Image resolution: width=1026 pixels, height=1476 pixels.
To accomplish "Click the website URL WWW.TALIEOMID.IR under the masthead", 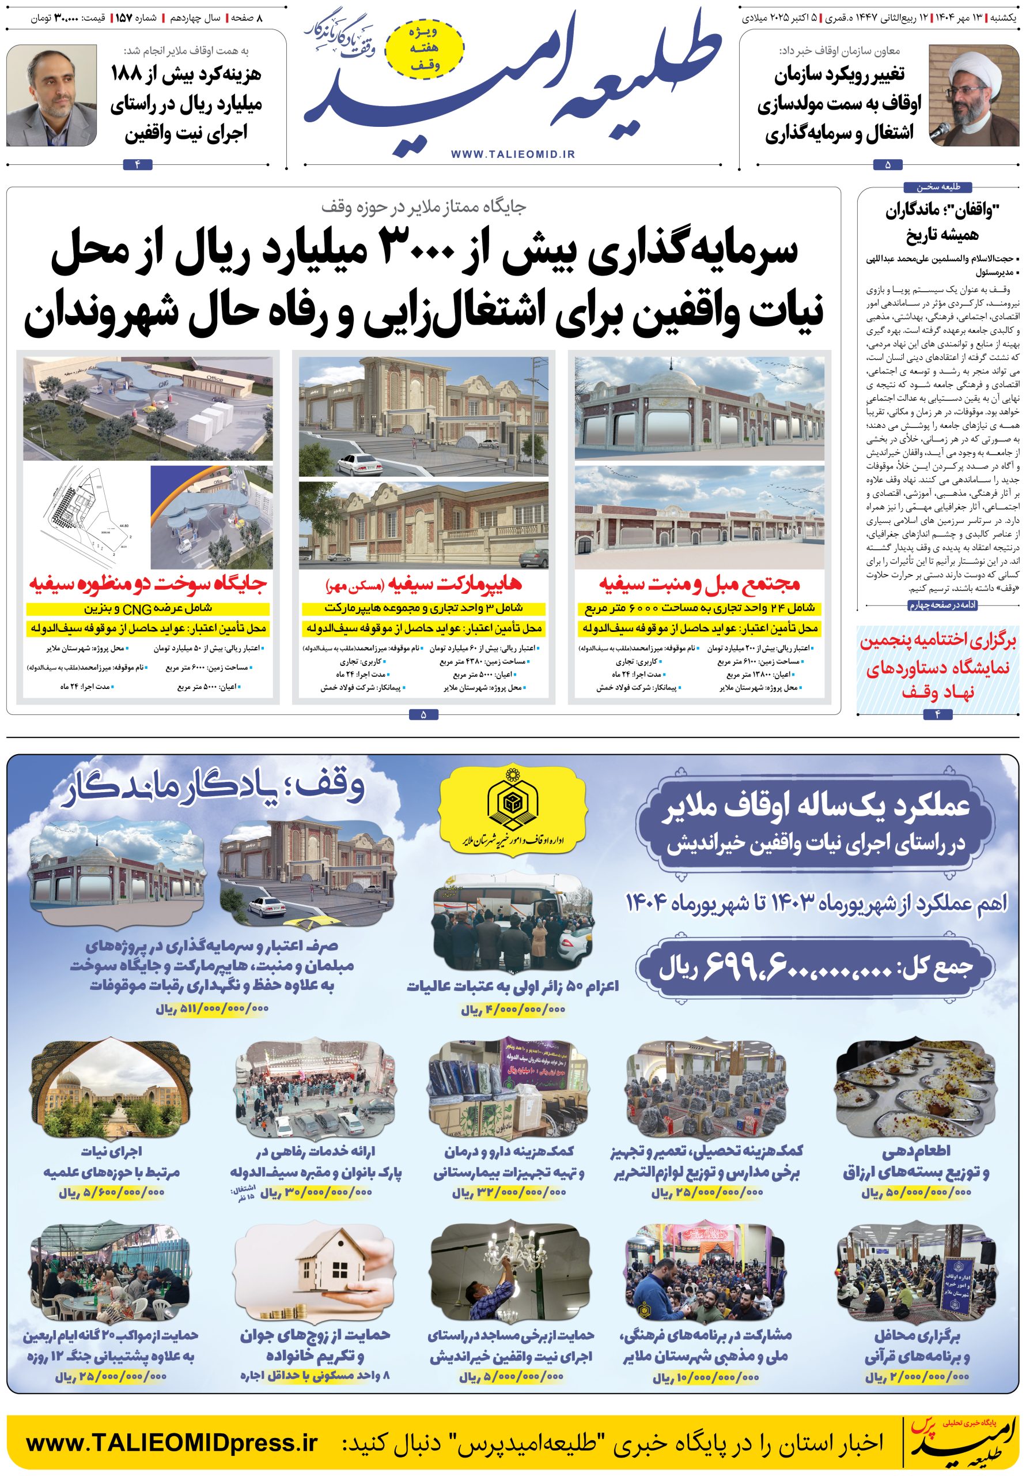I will [513, 155].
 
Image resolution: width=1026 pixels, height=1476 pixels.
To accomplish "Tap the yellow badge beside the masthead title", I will [425, 48].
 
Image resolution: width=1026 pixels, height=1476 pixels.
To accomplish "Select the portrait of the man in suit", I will [52, 96].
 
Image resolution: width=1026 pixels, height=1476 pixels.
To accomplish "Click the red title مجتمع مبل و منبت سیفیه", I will [699, 583].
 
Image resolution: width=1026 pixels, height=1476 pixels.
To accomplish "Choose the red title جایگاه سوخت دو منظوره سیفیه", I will [147, 583].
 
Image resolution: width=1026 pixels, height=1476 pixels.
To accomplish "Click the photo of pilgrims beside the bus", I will [512, 927].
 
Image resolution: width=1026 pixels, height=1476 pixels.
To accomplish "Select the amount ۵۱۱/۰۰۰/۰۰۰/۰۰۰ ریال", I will [212, 1008].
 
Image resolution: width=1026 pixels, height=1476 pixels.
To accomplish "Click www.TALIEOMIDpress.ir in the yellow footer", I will [172, 1443].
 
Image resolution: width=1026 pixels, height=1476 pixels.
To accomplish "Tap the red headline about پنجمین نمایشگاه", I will [938, 667].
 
